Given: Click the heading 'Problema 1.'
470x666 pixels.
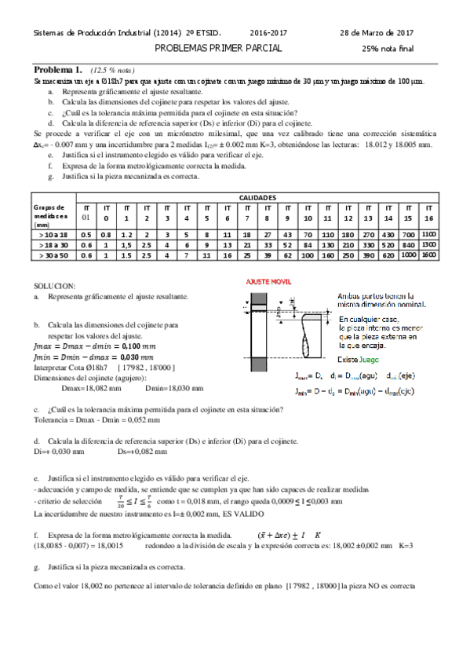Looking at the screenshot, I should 59,69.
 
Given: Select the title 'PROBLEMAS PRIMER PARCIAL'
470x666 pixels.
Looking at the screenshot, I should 218,48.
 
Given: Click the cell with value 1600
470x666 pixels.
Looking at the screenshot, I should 428,255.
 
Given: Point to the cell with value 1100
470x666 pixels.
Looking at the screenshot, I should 428,234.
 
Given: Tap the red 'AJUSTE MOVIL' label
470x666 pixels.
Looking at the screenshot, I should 269,280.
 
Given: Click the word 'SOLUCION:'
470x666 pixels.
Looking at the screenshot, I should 55,286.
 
